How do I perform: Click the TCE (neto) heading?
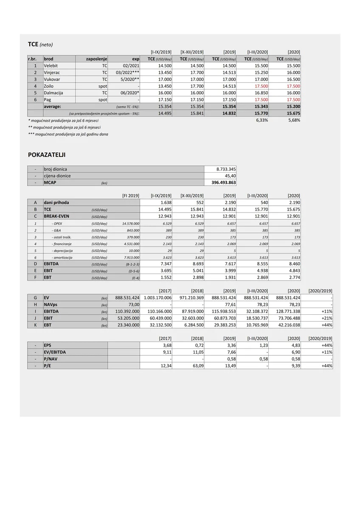click(x=40, y=44)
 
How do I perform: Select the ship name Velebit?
click(x=51, y=66)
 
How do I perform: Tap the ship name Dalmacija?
click(x=54, y=93)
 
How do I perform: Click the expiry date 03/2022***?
click(x=127, y=73)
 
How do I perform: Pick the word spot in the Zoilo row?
click(x=103, y=86)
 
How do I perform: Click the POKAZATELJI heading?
click(x=47, y=155)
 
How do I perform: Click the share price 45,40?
click(x=230, y=176)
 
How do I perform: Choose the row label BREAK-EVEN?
click(x=56, y=216)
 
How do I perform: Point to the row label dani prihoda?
click(x=56, y=202)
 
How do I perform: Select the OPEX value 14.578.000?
click(x=130, y=223)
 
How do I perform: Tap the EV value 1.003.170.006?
click(x=157, y=297)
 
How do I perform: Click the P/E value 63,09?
click(x=198, y=366)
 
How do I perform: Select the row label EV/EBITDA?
click(x=55, y=352)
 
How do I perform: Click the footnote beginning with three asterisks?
click(x=68, y=134)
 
